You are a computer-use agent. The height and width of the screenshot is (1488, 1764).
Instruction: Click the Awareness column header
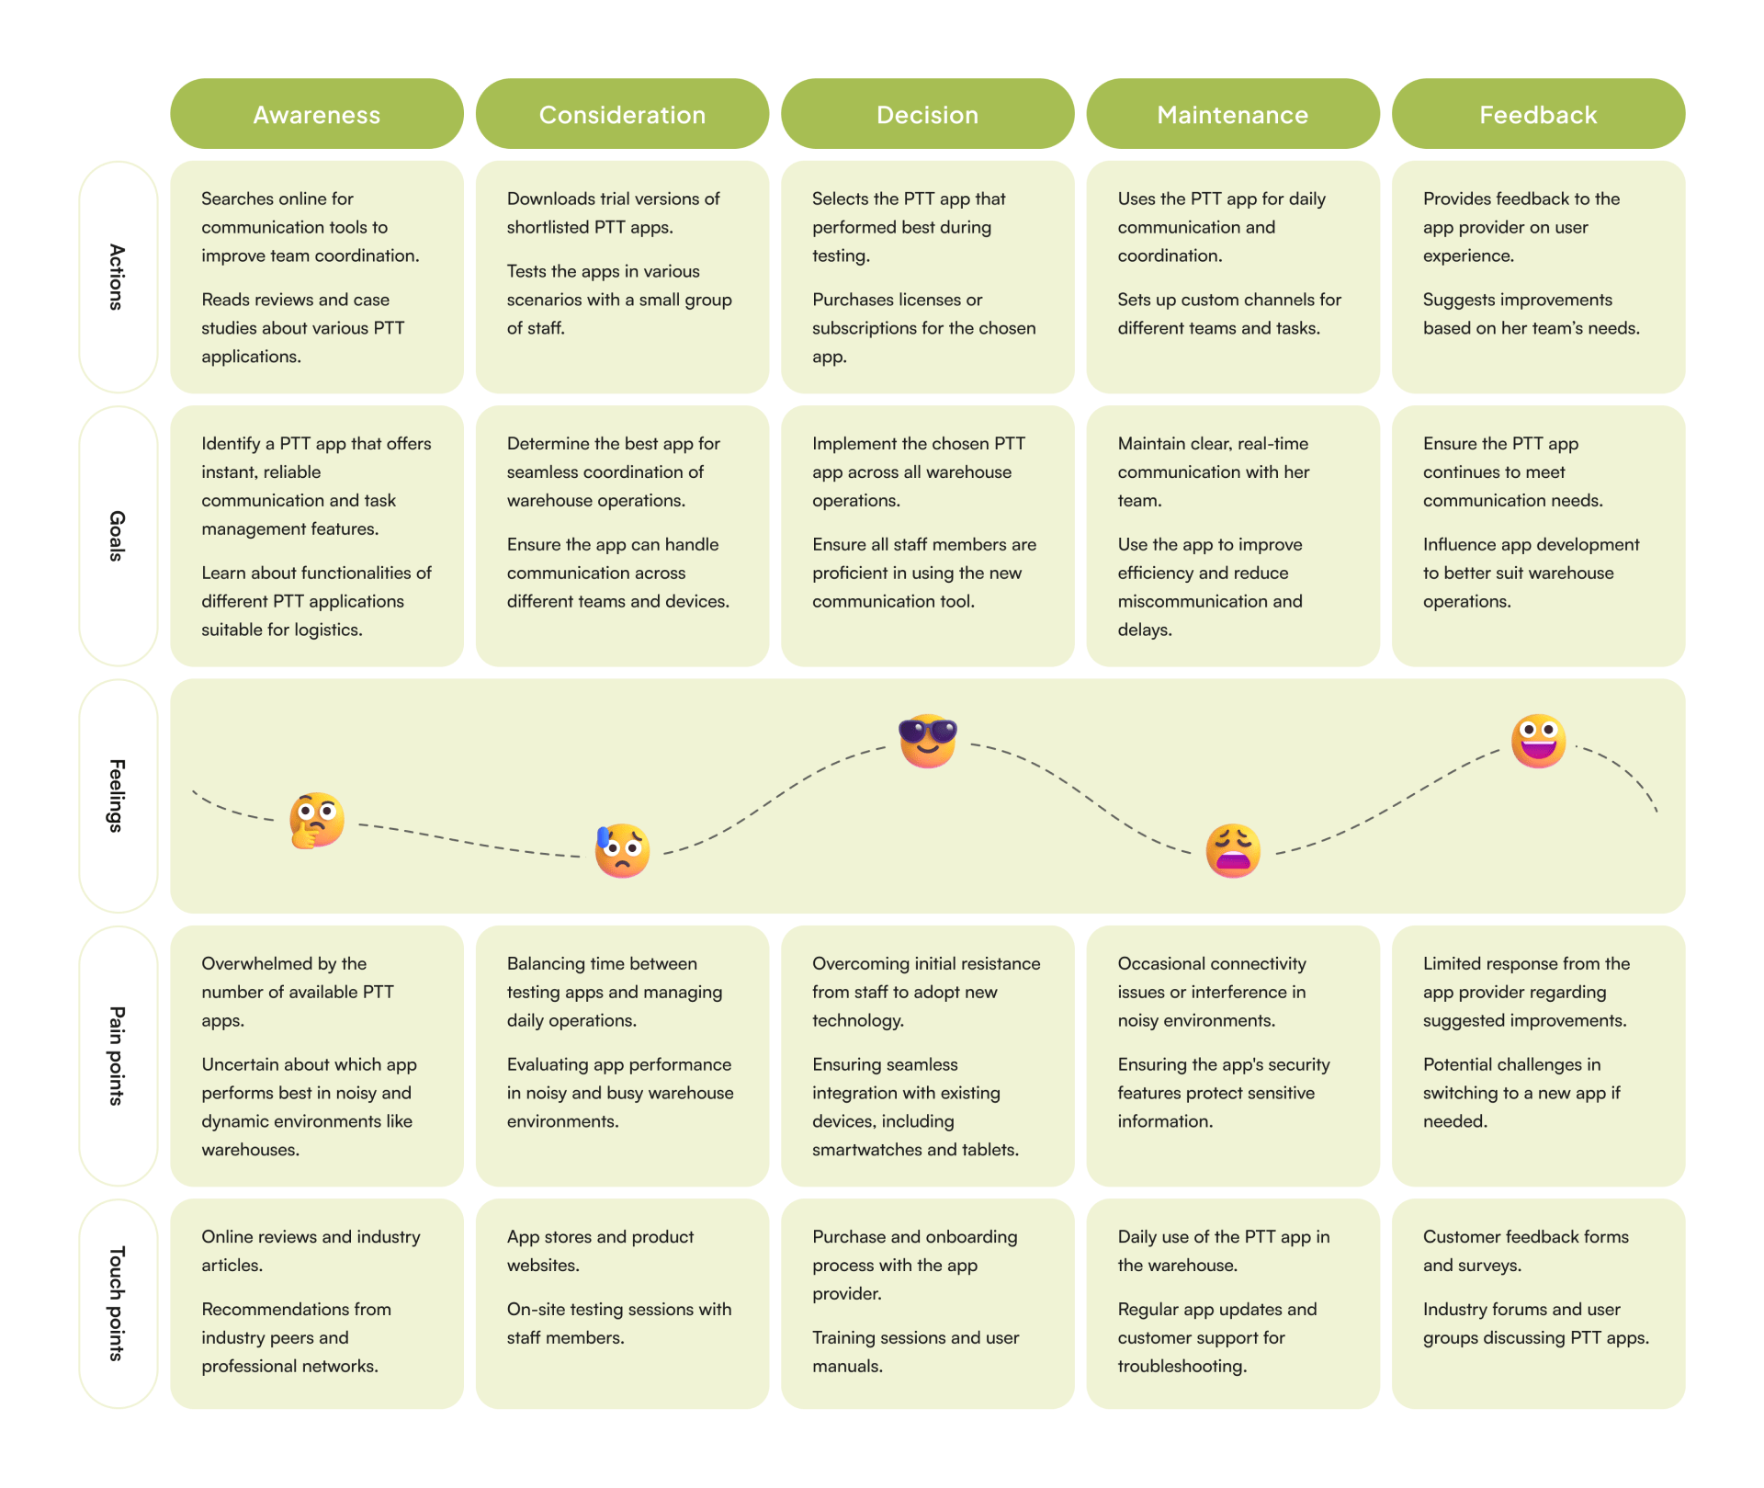(317, 114)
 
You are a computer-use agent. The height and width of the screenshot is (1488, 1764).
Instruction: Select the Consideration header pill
(622, 114)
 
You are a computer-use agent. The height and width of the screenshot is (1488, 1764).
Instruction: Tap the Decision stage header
(928, 114)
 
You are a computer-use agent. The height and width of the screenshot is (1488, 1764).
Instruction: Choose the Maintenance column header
(1233, 114)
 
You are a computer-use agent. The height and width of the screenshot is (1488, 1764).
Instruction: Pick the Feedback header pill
(1539, 114)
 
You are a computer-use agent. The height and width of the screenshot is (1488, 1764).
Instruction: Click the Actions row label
(118, 277)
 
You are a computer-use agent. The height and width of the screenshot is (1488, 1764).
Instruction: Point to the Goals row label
(118, 536)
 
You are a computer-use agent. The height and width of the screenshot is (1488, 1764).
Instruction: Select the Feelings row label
(118, 796)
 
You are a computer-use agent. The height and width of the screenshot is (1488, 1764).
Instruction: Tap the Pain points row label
(118, 1055)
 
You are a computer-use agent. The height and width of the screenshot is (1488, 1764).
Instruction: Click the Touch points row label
(118, 1303)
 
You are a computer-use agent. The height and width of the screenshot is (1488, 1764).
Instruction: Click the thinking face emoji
(317, 820)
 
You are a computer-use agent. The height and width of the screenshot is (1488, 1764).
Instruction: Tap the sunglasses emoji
(928, 741)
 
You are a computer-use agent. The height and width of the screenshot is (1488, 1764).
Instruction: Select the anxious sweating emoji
(622, 850)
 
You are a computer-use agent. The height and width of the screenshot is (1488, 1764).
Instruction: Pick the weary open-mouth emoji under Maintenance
(1233, 850)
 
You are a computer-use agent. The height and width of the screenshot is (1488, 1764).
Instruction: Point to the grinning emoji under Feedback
(1539, 741)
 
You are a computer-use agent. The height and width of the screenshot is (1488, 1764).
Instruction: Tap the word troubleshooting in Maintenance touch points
(1182, 1367)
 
